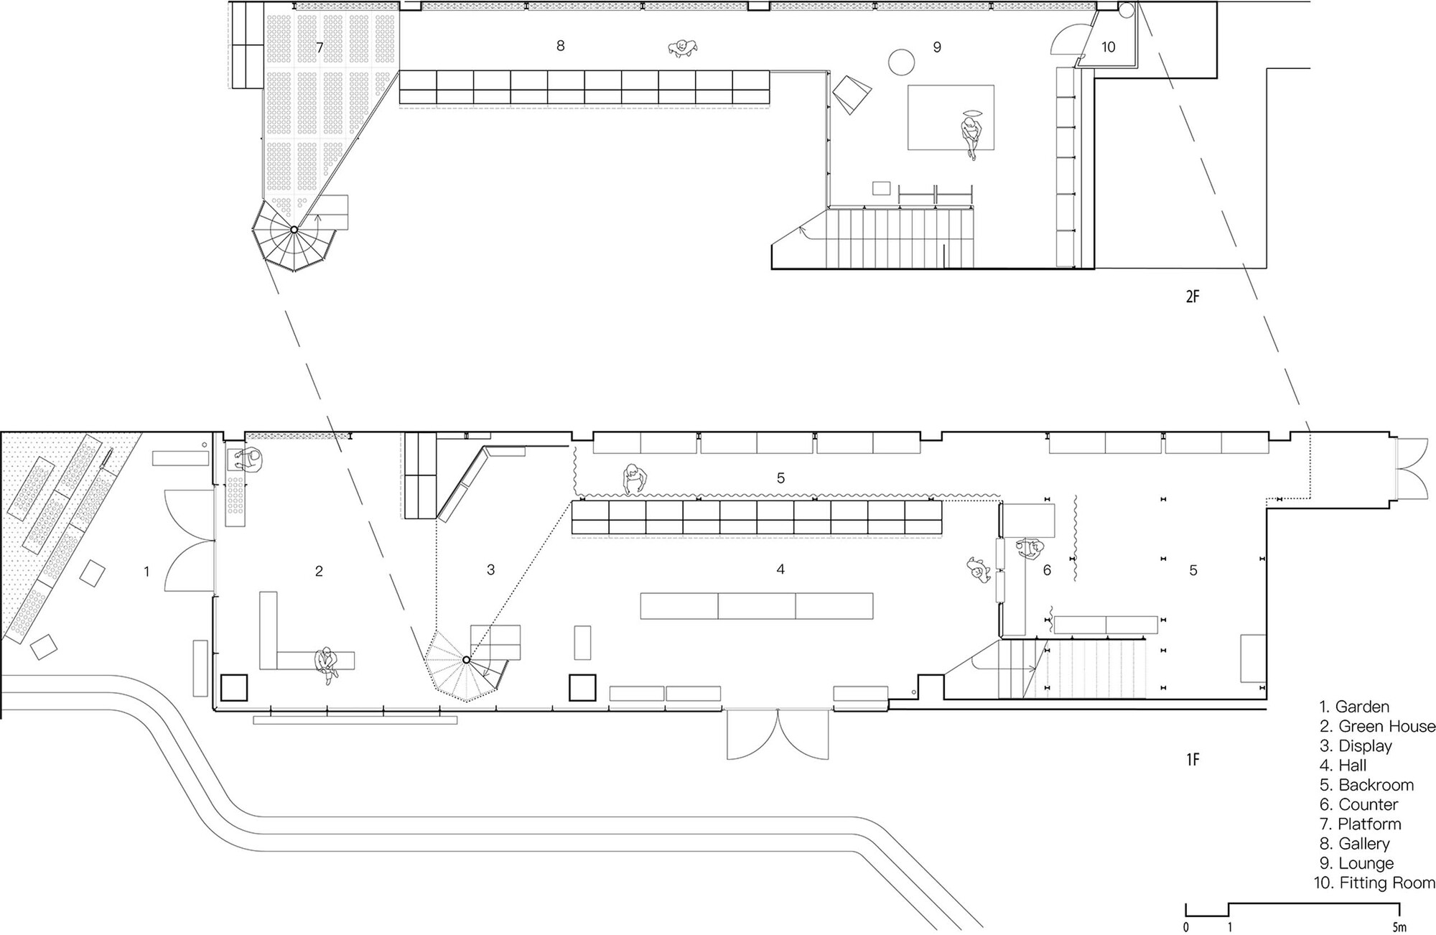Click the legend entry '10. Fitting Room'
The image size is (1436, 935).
[1374, 883]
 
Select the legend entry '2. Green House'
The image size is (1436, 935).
[1377, 726]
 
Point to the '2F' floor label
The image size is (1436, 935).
[1193, 296]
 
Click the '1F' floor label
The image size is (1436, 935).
[1193, 759]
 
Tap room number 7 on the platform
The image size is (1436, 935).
[320, 47]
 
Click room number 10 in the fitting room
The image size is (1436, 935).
[1108, 47]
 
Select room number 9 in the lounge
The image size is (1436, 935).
[937, 47]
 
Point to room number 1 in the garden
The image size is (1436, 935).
[146, 572]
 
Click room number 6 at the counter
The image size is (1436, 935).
[1047, 570]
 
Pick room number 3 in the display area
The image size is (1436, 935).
[490, 569]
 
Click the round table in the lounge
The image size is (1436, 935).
[900, 61]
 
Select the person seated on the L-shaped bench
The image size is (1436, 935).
[327, 663]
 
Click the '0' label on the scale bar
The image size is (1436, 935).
[1186, 927]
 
